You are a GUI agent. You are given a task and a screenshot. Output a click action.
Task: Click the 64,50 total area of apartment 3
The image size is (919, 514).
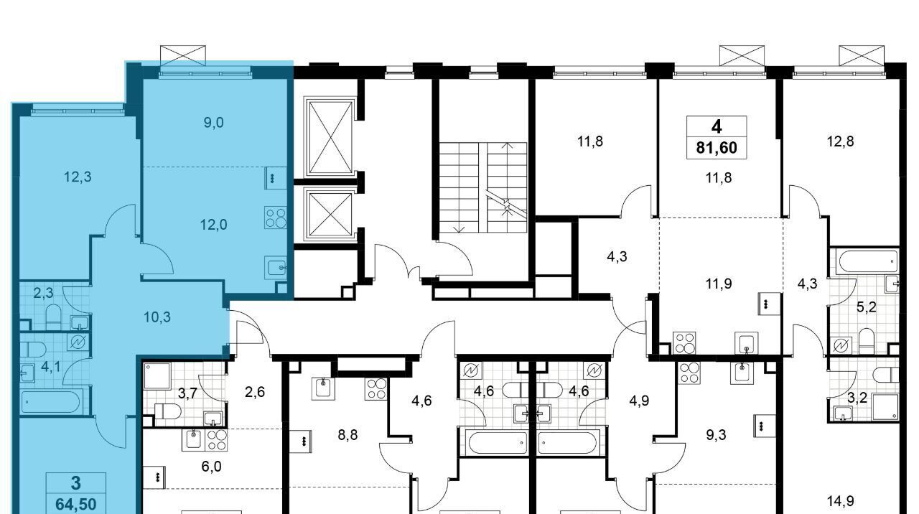pos(76,503)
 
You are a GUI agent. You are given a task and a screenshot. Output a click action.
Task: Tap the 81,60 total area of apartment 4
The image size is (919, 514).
pos(717,148)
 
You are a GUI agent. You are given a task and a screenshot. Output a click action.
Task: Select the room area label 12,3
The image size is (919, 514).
pos(78,177)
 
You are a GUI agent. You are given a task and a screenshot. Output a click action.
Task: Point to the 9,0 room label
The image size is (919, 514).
pos(214,122)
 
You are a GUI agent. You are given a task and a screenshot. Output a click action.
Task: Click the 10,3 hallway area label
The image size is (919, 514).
pos(157,317)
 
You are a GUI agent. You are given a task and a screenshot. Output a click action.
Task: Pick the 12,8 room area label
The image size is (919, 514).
pos(840,141)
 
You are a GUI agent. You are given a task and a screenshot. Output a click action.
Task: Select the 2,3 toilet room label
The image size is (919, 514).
pos(43,294)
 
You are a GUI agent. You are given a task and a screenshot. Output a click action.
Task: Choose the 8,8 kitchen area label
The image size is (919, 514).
pos(347,435)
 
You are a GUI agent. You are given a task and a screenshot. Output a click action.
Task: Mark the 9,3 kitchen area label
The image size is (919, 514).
pos(716,435)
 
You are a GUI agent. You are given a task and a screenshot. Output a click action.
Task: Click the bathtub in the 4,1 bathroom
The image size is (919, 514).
pos(50,403)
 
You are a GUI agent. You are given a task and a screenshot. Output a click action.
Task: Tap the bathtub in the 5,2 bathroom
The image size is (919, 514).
pos(866,261)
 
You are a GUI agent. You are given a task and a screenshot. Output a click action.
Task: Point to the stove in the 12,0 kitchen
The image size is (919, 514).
pos(276,218)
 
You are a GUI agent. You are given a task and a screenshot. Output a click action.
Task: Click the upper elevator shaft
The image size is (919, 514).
pos(330,137)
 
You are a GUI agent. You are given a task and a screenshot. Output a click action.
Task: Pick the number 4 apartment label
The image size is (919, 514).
pos(717,127)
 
